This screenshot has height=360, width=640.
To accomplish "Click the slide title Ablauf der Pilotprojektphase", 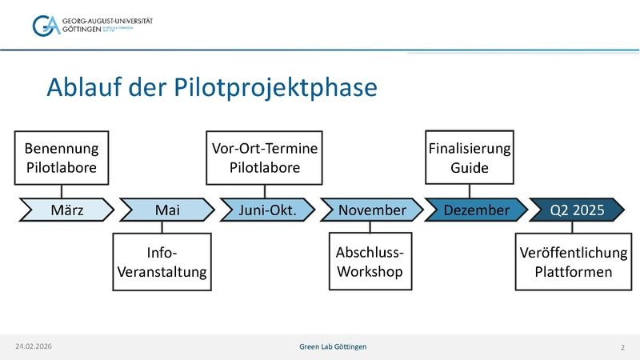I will pyautogui.click(x=211, y=87).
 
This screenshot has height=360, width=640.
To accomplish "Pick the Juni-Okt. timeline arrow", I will pyautogui.click(x=266, y=210).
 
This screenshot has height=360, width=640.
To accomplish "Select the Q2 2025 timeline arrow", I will pyautogui.click(x=573, y=210).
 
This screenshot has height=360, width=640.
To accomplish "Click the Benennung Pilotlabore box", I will pyautogui.click(x=62, y=158).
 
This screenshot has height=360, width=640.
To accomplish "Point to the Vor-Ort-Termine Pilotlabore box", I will pyautogui.click(x=265, y=158).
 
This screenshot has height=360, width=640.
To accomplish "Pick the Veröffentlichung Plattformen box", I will pyautogui.click(x=573, y=262).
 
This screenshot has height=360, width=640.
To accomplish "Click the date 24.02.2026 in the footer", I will pyautogui.click(x=34, y=346).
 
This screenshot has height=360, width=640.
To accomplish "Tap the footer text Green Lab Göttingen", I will pyautogui.click(x=334, y=346).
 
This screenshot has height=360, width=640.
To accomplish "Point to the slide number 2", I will pyautogui.click(x=622, y=346).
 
